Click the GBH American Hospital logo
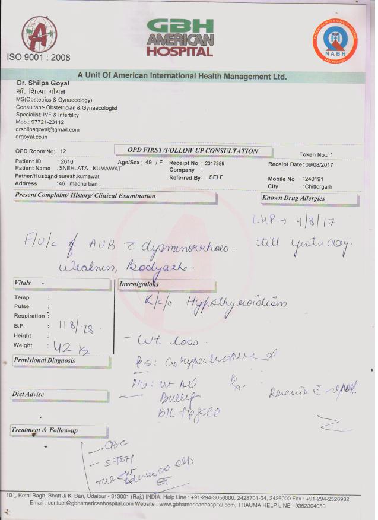tap(179, 37)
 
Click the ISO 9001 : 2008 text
tap(39, 58)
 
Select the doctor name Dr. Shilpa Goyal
tap(43, 83)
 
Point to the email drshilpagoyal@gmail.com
tap(47, 129)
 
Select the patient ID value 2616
tap(66, 161)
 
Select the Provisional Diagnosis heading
tap(45, 360)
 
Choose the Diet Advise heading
tap(28, 394)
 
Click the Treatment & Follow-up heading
tap(45, 430)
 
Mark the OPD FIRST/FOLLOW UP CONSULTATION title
tap(193, 151)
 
